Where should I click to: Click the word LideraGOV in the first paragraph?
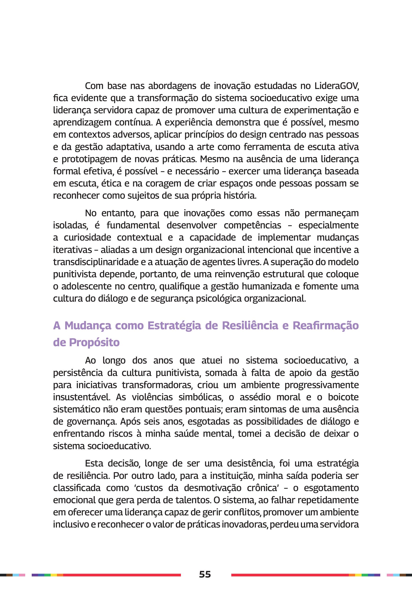click(337, 86)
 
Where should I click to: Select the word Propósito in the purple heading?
click(94, 342)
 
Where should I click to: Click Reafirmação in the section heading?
click(326, 325)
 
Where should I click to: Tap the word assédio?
click(252, 397)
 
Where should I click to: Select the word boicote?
click(343, 397)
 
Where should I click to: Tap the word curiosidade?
click(87, 237)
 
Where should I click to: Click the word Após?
click(129, 422)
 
